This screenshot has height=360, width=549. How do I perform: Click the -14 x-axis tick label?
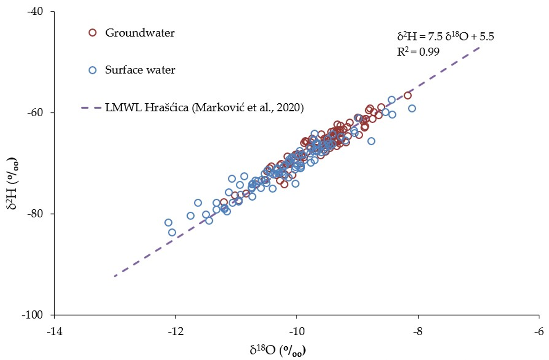(54, 331)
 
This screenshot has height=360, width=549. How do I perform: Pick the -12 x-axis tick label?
(175, 331)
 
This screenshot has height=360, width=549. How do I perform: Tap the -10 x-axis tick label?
(297, 331)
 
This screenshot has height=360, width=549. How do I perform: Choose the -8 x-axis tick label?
(418, 331)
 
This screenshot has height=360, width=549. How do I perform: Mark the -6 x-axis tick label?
(539, 331)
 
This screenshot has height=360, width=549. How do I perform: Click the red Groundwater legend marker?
(92, 33)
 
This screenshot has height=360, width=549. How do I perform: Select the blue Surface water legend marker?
(92, 70)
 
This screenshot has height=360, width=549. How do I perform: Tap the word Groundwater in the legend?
(140, 33)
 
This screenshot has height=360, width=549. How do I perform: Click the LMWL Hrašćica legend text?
(204, 107)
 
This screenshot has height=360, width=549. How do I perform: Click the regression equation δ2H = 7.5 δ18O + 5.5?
(445, 36)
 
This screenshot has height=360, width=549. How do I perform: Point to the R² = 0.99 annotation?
(418, 51)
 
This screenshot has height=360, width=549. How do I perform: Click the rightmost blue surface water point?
(412, 108)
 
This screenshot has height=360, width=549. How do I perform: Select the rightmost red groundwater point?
(408, 95)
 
